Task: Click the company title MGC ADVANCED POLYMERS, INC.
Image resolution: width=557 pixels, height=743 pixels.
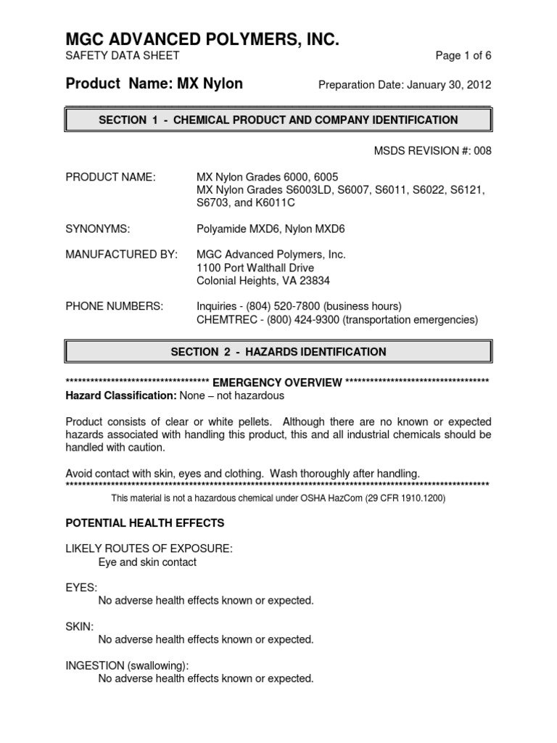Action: [202, 39]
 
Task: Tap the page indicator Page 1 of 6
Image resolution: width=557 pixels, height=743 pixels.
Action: [463, 56]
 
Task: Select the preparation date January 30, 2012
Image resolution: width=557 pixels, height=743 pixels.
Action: [448, 85]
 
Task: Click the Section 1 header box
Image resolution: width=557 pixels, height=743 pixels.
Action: [278, 120]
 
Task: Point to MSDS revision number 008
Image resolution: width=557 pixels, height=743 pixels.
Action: [482, 150]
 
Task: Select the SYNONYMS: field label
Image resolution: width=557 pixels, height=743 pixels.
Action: [98, 229]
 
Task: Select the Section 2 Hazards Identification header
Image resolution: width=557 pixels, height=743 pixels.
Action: [278, 352]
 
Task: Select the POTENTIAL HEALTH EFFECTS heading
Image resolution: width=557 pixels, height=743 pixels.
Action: [145, 523]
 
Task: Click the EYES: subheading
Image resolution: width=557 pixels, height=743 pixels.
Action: [81, 587]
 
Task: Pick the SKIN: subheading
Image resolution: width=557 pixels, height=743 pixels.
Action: [80, 626]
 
